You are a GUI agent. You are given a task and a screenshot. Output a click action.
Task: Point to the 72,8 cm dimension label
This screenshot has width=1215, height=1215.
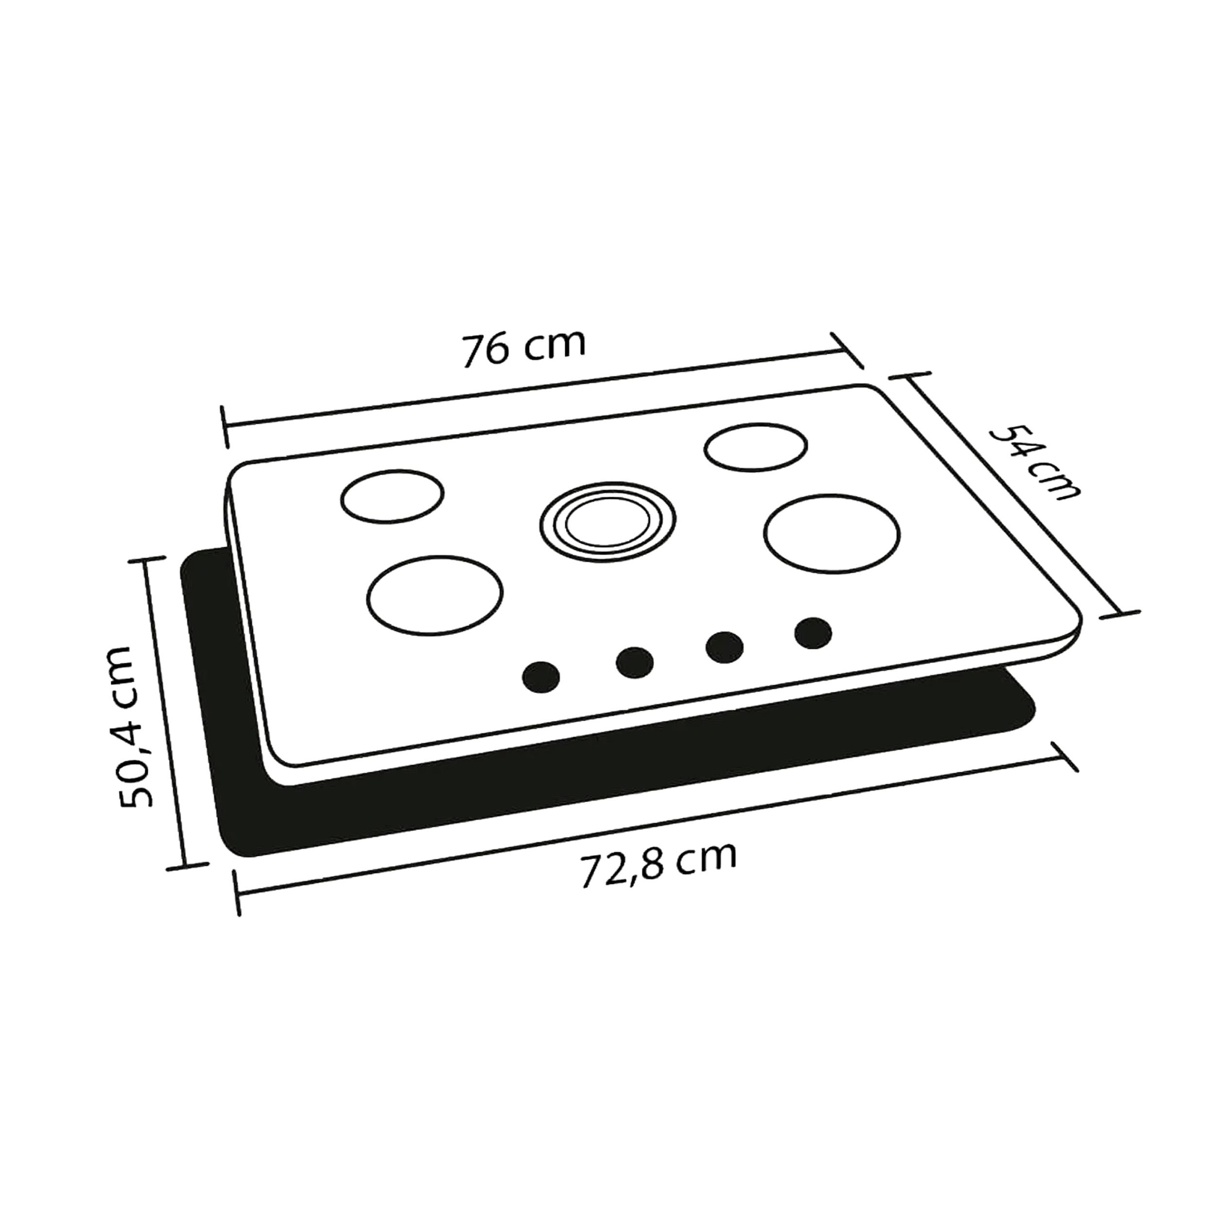click(x=657, y=864)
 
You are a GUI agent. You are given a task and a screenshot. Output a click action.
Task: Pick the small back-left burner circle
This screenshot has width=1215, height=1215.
click(x=392, y=496)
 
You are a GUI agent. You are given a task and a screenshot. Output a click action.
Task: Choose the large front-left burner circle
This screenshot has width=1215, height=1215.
click(x=435, y=594)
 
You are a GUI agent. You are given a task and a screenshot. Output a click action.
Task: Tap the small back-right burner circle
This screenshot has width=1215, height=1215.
click(x=755, y=448)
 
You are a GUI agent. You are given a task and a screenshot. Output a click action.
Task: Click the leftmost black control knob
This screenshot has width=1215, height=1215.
click(x=541, y=677)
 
